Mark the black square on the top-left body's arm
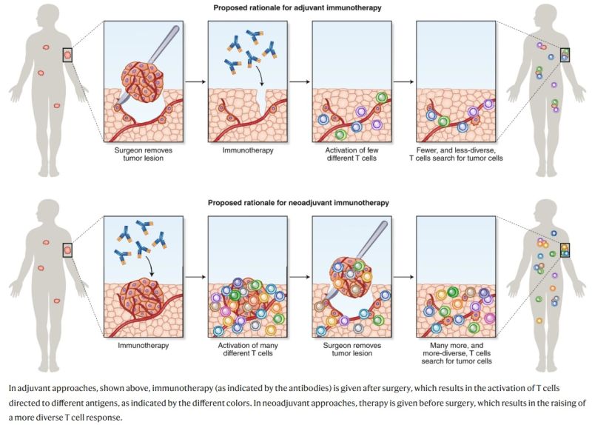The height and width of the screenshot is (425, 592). [67, 54]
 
